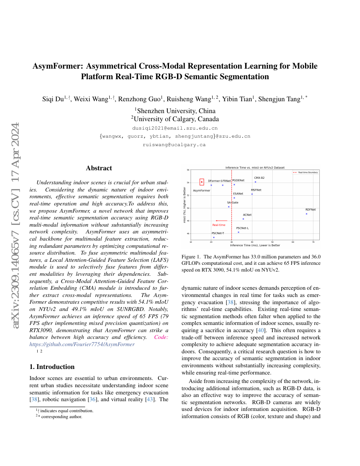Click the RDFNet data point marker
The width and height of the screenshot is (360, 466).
pyautogui.click(x=306, y=214)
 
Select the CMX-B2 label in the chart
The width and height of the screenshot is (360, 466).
pyautogui.click(x=259, y=178)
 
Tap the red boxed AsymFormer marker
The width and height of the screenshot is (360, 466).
pyautogui.click(x=202, y=182)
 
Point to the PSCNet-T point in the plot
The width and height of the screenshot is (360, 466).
pyautogui.click(x=214, y=237)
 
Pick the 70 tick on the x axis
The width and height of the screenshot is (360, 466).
pyautogui.click(x=313, y=242)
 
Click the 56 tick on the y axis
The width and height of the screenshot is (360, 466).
pyautogui.click(x=188, y=170)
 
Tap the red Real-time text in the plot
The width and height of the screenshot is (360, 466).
pyautogui.click(x=219, y=225)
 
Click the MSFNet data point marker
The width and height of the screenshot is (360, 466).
pyautogui.click(x=252, y=194)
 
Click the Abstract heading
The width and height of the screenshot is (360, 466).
pyautogui.click(x=99, y=168)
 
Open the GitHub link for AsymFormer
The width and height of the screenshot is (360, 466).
pyautogui.click(x=82, y=344)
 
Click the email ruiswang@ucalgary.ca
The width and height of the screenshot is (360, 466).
pyautogui.click(x=174, y=145)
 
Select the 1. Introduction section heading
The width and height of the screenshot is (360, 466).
pyautogui.click(x=52, y=366)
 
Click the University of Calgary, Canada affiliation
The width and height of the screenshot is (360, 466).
pyautogui.click(x=174, y=119)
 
